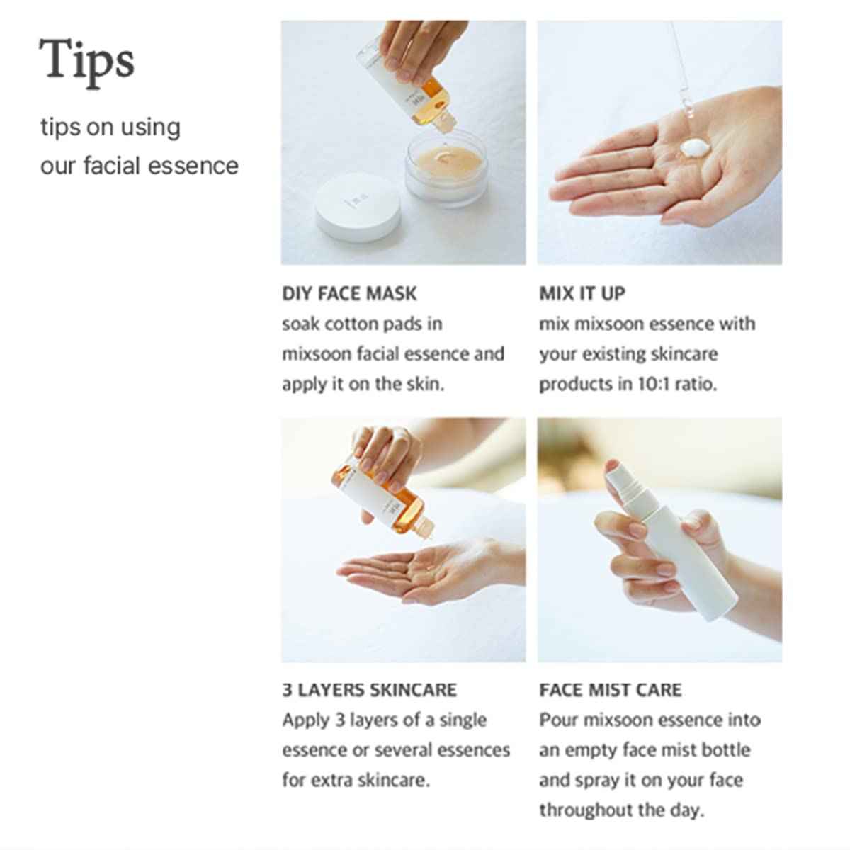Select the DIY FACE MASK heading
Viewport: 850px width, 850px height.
coord(349,293)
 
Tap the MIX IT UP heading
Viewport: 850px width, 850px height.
coord(582,293)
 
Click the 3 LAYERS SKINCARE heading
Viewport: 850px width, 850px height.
coord(369,690)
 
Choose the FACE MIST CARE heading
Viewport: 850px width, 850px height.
coord(610,690)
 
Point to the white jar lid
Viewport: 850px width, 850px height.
coord(358,208)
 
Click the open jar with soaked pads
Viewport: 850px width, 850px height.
coord(446,170)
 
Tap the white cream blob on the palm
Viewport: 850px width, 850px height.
coord(695,149)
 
